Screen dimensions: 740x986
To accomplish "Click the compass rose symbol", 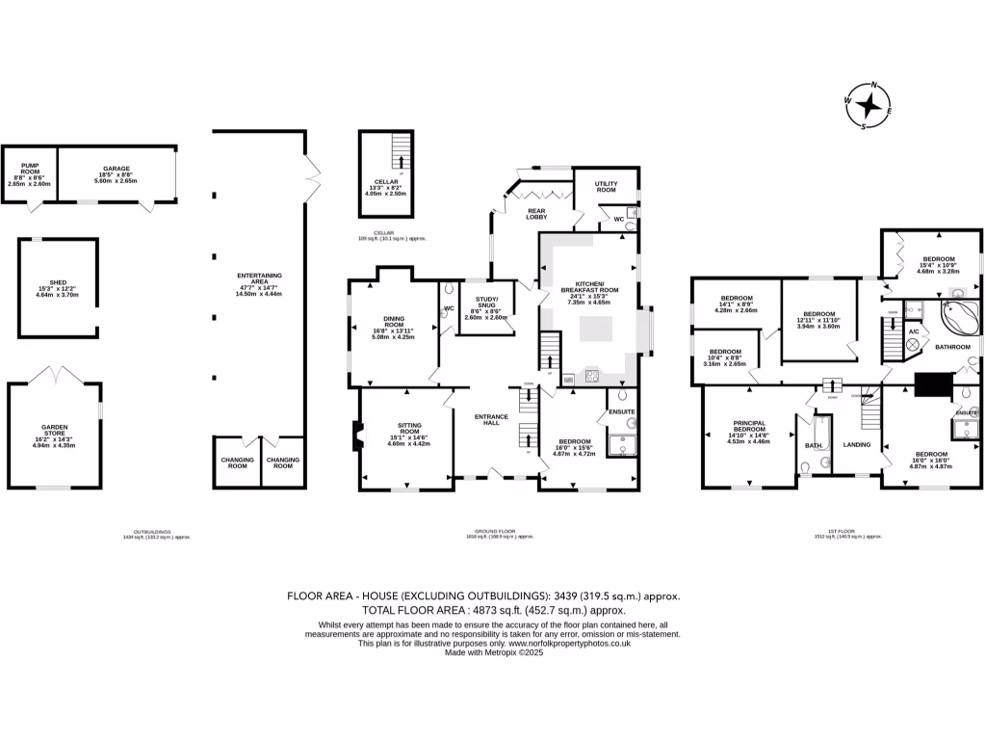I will pyautogui.click(x=869, y=104).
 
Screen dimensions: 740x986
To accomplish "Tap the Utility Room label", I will pyautogui.click(x=606, y=186).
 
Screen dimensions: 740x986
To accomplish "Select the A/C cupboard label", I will pyautogui.click(x=913, y=330).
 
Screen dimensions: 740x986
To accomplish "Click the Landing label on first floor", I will pyautogui.click(x=856, y=445).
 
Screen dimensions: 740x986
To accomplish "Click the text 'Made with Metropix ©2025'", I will pyautogui.click(x=493, y=652).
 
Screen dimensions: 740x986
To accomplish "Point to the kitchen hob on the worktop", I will pyautogui.click(x=591, y=376).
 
